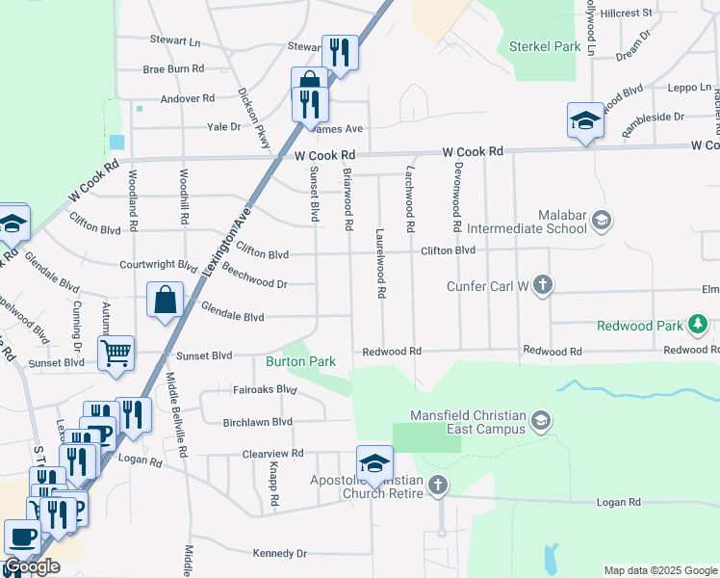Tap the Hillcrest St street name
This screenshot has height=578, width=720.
pyautogui.click(x=626, y=13)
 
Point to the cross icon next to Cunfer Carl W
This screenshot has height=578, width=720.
pyautogui.click(x=544, y=285)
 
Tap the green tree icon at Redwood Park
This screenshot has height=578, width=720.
pyautogui.click(x=698, y=326)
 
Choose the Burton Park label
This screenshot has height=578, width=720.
pyautogui.click(x=300, y=361)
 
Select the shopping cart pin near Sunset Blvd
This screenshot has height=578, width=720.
pyautogui.click(x=116, y=353)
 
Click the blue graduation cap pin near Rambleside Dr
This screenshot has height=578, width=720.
pyautogui.click(x=585, y=120)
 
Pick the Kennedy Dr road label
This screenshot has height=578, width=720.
pyautogui.click(x=279, y=554)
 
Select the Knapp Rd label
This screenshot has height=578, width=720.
pyautogui.click(x=273, y=482)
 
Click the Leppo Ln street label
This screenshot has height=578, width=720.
pyautogui.click(x=689, y=88)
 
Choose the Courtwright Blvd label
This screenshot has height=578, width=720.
pyautogui.click(x=159, y=264)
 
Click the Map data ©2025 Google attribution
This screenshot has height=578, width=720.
pyautogui.click(x=659, y=570)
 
